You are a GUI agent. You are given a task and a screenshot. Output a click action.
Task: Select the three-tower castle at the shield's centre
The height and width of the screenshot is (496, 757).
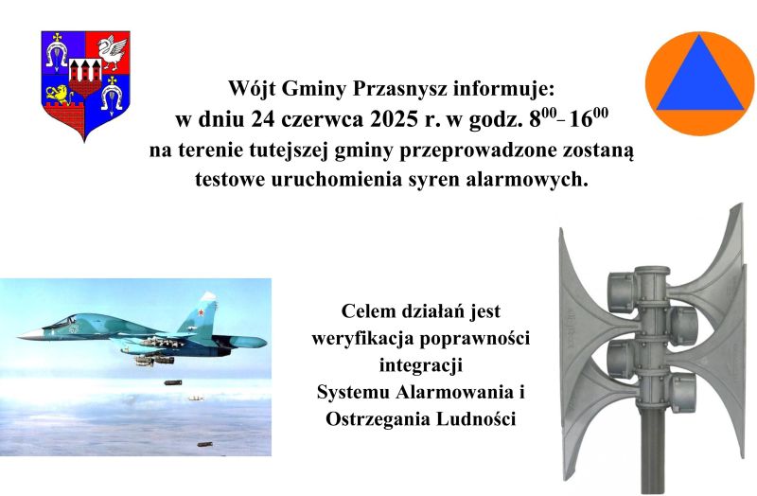point(85,71)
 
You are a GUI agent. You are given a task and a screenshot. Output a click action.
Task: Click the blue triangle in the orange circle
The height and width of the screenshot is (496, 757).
point(699,77)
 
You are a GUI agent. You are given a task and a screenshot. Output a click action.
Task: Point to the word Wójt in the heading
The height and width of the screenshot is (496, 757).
point(251,89)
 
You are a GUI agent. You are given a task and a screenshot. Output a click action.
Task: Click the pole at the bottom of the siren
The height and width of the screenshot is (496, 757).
point(650,464)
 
